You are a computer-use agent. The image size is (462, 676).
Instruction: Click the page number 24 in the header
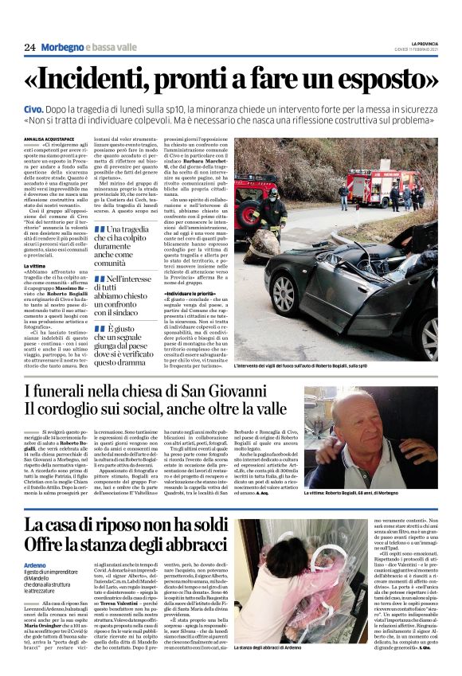29,48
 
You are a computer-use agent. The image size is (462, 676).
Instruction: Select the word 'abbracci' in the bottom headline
192,547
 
